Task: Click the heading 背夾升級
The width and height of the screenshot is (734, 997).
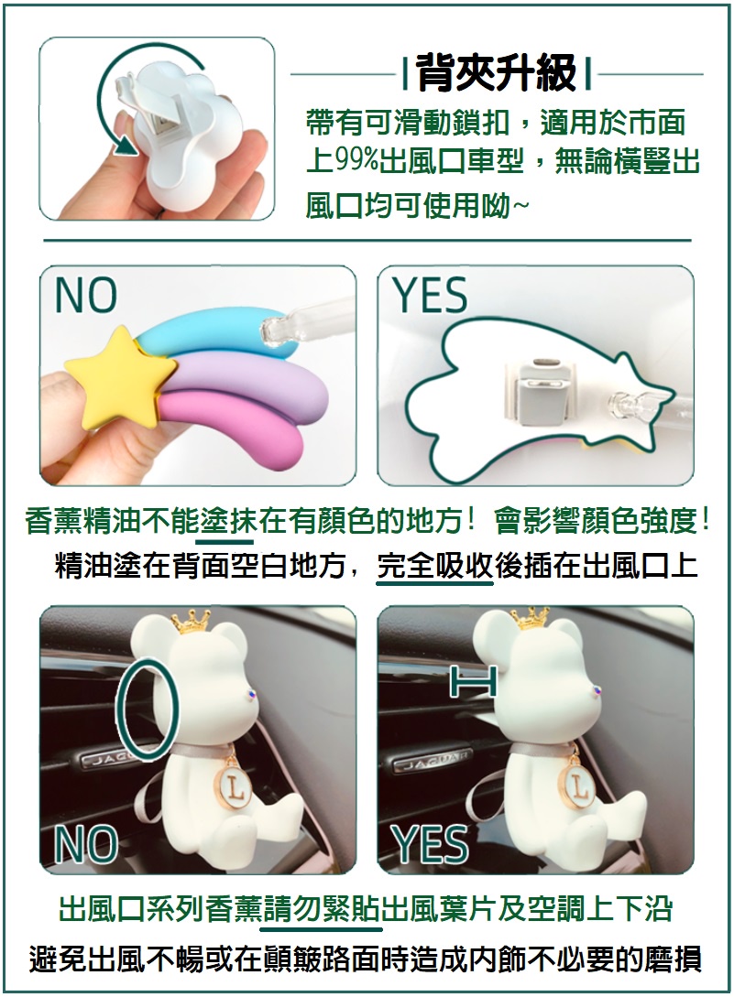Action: pos(498,73)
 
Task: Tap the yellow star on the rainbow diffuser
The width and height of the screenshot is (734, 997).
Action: pos(120,373)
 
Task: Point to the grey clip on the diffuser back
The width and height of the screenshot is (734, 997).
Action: pos(537,394)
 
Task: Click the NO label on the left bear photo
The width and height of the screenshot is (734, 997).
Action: pos(86,843)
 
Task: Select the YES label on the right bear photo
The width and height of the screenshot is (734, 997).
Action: pos(431,843)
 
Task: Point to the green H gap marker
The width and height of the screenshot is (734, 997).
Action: pos(472,683)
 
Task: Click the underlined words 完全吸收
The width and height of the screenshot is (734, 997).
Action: pos(434,565)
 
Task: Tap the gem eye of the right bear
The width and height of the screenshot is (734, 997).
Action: pos(597,691)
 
